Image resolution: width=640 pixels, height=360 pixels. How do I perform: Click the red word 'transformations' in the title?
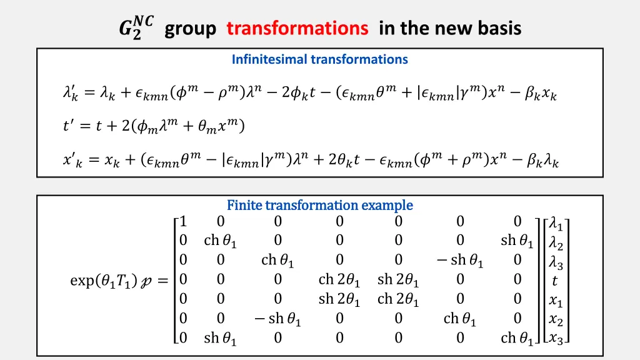tap(297, 28)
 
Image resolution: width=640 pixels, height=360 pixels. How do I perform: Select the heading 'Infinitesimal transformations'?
tap(319, 59)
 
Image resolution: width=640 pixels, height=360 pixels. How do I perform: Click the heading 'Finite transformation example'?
tap(319, 205)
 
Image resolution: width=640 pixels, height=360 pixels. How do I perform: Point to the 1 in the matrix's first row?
tap(182, 222)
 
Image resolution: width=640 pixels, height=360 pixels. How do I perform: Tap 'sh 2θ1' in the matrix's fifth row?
tap(339, 299)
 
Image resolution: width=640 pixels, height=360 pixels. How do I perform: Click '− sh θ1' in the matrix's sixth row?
tap(277, 319)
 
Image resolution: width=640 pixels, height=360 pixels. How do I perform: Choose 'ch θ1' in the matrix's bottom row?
tap(517, 339)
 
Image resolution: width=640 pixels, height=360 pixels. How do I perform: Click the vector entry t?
tap(555, 281)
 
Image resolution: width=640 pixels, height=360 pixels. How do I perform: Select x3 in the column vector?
tap(556, 339)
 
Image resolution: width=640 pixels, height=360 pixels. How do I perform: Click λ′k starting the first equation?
tap(71, 94)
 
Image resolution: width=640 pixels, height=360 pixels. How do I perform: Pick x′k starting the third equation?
tap(72, 161)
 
